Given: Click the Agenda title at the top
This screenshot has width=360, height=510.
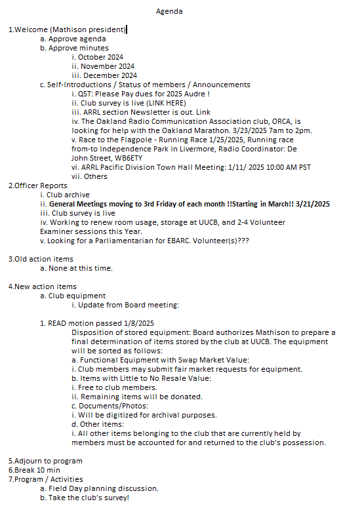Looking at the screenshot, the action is coord(169,11).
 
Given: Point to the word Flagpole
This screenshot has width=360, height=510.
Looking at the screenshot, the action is coord(123,140).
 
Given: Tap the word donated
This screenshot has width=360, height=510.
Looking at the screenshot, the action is coord(185,397).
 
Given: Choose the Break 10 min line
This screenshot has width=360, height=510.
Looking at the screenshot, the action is coord(34,470).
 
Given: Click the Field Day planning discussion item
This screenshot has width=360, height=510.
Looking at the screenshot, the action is coord(103,488).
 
